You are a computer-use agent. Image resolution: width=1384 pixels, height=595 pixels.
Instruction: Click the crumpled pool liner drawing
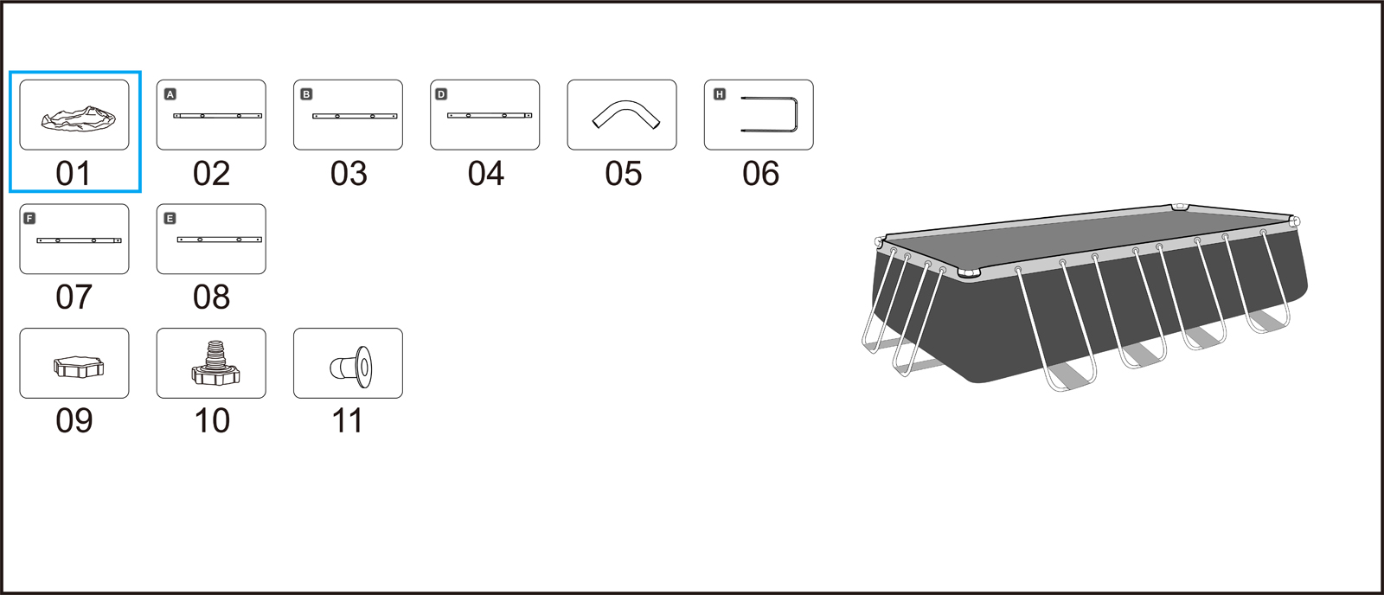pyautogui.click(x=79, y=118)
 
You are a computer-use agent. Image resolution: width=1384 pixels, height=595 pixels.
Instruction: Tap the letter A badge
pyautogui.click(x=170, y=94)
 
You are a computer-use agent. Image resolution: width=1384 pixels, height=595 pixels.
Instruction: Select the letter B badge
pyautogui.click(x=306, y=94)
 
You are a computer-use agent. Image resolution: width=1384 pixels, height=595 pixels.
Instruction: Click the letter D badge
pyautogui.click(x=441, y=94)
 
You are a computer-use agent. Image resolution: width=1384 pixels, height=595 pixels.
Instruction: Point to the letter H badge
pyautogui.click(x=719, y=94)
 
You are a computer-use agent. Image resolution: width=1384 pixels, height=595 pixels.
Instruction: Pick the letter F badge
pyautogui.click(x=29, y=218)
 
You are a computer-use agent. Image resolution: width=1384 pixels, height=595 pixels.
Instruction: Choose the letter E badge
pyautogui.click(x=170, y=218)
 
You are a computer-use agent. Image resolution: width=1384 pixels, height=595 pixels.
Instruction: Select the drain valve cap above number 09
pyautogui.click(x=79, y=367)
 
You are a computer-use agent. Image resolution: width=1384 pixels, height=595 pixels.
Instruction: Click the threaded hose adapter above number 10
pyautogui.click(x=215, y=363)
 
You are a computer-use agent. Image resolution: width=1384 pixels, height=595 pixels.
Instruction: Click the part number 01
pyautogui.click(x=74, y=174)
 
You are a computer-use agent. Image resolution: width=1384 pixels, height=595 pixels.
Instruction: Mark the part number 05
pyautogui.click(x=623, y=174)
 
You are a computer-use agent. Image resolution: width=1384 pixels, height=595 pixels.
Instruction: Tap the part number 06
pyautogui.click(x=760, y=174)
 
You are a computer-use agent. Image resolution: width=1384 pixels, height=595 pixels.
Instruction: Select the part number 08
pyautogui.click(x=211, y=297)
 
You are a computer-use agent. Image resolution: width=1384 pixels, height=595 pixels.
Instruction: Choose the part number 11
pyautogui.click(x=347, y=421)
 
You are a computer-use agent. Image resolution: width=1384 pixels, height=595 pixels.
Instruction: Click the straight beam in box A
pyautogui.click(x=217, y=116)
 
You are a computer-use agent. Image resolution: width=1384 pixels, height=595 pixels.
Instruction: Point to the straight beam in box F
pyautogui.click(x=79, y=240)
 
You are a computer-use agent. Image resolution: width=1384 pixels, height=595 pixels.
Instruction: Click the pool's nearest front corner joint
pyautogui.click(x=969, y=273)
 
